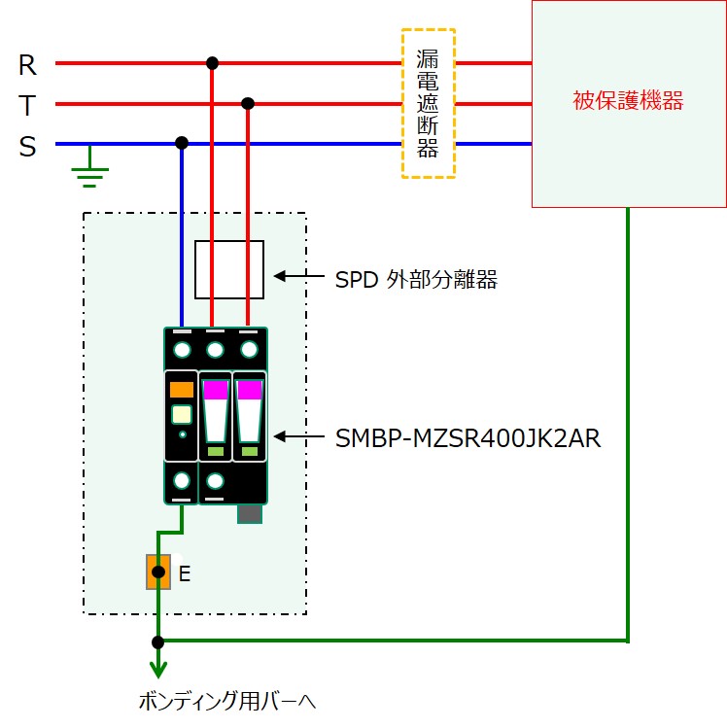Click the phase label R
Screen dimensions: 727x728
(x=27, y=65)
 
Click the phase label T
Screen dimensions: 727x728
(x=27, y=105)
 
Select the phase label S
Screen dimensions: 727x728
(x=27, y=146)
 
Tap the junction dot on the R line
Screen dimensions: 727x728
(x=212, y=62)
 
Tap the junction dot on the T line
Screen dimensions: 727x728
(x=248, y=103)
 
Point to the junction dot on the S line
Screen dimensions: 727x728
(x=182, y=143)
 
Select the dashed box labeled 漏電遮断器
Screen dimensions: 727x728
(x=429, y=30)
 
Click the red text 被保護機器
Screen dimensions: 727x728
(x=628, y=100)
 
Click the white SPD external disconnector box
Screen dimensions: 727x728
(x=229, y=241)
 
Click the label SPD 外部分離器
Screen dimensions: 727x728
(x=416, y=280)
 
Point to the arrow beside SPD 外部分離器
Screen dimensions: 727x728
(x=299, y=276)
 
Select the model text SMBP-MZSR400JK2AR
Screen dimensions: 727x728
(x=467, y=438)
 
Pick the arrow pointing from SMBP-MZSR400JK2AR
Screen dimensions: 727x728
(x=299, y=436)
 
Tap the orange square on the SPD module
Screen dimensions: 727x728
(x=182, y=390)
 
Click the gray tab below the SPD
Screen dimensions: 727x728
(x=250, y=514)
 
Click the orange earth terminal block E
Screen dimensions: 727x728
(x=158, y=572)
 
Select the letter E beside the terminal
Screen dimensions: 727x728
(x=185, y=573)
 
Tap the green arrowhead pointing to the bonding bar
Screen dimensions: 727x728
(x=158, y=671)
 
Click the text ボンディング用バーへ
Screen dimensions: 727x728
(x=227, y=701)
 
